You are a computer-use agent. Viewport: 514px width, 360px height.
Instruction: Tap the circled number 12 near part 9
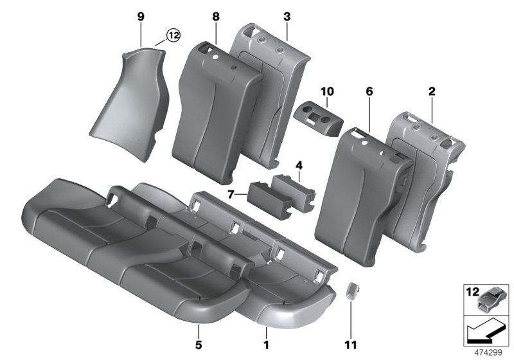coord(172,36)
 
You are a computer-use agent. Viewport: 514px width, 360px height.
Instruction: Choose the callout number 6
coord(369,92)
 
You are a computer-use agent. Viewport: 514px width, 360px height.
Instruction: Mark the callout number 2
coord(432,92)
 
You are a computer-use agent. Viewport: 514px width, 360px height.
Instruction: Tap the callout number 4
coord(298,166)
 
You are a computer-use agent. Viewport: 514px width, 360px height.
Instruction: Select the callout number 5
coord(199,334)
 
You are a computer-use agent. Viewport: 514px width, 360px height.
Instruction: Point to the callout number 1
coord(267,334)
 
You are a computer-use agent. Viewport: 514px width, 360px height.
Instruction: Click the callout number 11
coord(352,334)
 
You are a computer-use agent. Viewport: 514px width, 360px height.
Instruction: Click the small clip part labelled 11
coord(352,291)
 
